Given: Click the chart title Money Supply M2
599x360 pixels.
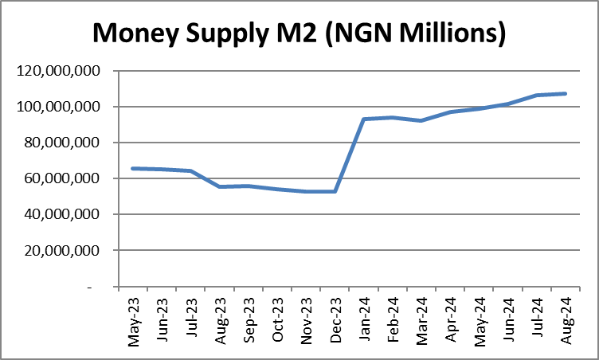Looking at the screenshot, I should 299,33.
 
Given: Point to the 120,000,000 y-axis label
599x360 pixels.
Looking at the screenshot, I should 65,71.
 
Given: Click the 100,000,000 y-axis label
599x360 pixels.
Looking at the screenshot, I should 65,107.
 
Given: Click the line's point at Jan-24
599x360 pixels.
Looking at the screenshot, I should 363,119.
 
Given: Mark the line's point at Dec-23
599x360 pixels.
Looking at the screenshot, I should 335,191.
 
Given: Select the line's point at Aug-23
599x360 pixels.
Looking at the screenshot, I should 220,186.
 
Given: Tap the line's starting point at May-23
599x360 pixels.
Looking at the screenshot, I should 133,168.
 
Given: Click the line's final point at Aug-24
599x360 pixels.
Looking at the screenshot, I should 565,93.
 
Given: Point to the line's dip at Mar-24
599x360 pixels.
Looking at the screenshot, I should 421,120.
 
